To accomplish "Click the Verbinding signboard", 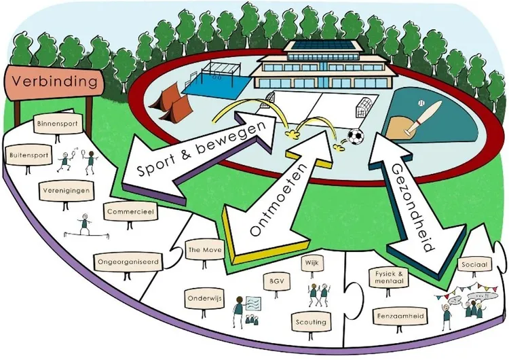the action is click(x=54, y=82).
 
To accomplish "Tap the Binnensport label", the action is click(x=57, y=124).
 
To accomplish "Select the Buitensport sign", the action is click(x=29, y=155).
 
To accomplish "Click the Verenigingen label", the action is click(x=66, y=190).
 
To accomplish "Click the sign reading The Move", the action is click(x=205, y=250).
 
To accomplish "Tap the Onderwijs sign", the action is click(x=204, y=298).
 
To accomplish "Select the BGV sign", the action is click(x=277, y=281).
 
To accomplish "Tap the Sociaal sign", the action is click(x=474, y=265).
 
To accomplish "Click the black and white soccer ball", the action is click(x=356, y=137).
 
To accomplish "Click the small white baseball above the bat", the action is click(x=421, y=103).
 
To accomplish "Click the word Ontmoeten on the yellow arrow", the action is click(x=279, y=200).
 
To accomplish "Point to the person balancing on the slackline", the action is click(x=85, y=224).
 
